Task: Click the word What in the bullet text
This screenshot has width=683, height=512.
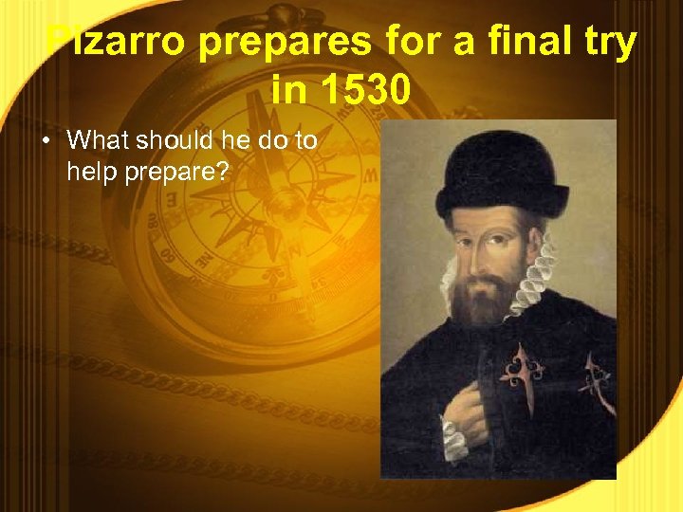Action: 98,141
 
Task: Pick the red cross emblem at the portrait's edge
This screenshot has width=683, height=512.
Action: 599,379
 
